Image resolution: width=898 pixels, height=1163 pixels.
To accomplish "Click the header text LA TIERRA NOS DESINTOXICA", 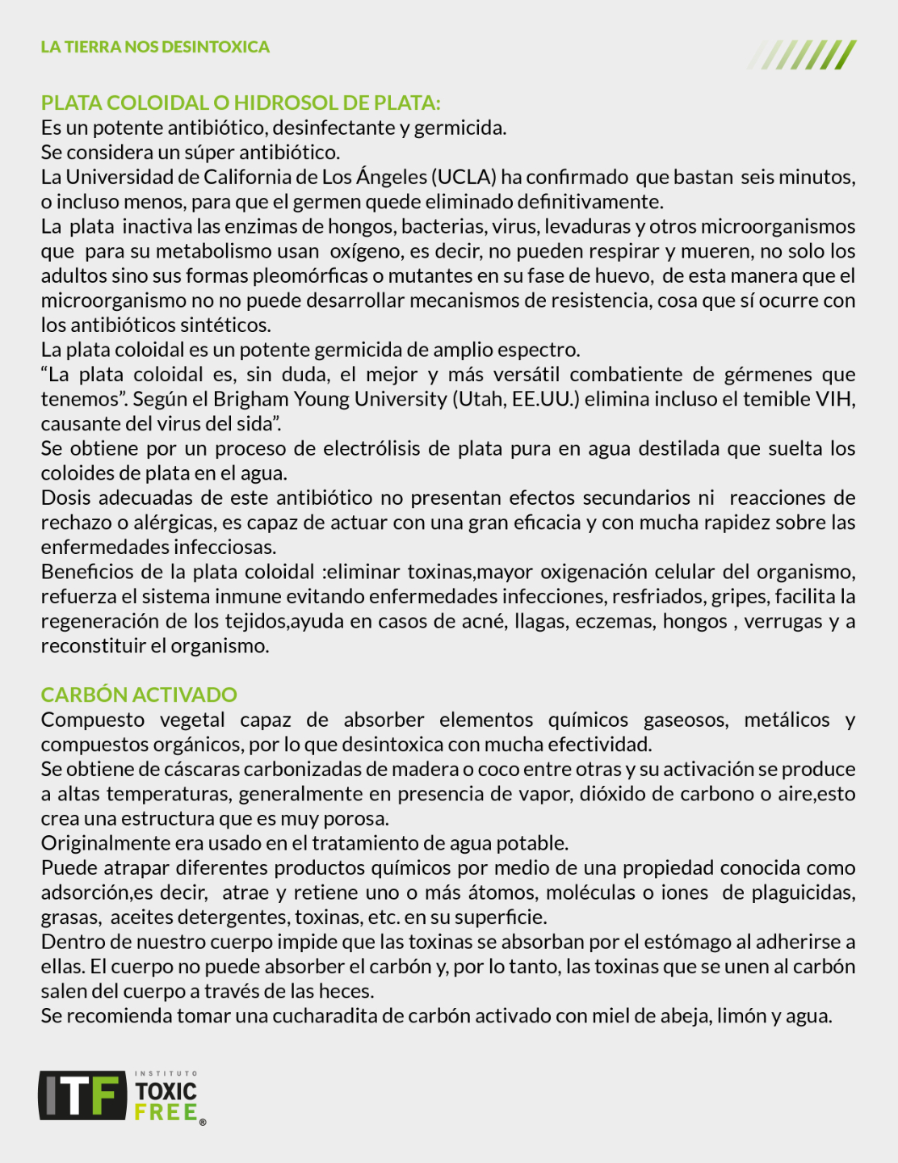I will [x=155, y=47].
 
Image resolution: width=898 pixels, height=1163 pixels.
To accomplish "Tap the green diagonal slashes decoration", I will [x=802, y=55].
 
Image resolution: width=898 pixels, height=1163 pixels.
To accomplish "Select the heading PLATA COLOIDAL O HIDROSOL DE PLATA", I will [x=241, y=103].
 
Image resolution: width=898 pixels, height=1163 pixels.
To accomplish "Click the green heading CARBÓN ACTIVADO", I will [x=139, y=695].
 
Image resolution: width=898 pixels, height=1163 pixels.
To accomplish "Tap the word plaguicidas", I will [x=804, y=893].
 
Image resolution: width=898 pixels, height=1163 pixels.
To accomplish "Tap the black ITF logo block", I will [x=82, y=1095].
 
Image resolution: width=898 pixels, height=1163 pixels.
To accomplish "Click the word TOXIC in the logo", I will [x=166, y=1091].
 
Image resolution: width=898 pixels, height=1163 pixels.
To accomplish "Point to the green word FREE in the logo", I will [x=166, y=1112].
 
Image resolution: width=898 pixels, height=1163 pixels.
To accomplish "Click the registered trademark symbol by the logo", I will [x=203, y=1122].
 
